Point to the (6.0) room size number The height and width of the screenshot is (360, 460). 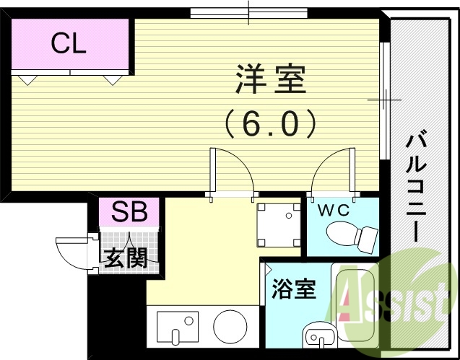270,123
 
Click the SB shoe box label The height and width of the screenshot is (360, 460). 130,213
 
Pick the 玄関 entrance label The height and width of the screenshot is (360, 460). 129,257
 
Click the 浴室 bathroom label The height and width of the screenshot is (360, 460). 293,291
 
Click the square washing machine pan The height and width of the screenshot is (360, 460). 279,223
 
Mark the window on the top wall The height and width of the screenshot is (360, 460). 248,13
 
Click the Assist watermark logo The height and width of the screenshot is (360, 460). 394,297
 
